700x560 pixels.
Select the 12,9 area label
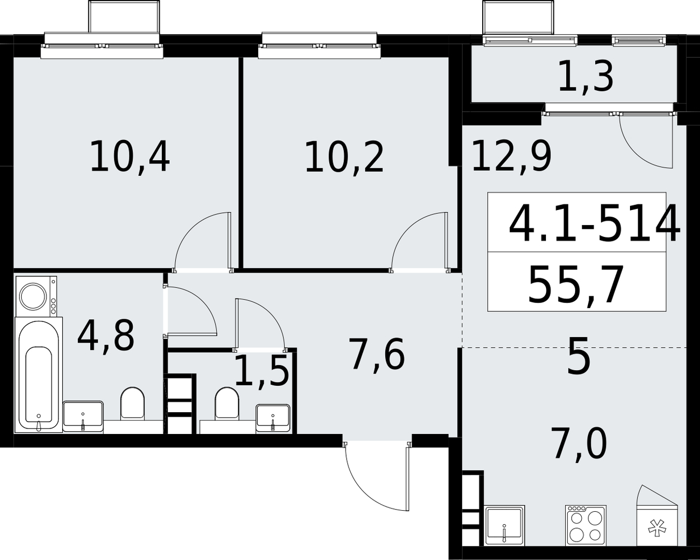coord(511,157)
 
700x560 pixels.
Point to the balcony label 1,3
coord(586,78)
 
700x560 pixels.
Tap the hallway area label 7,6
coord(377,354)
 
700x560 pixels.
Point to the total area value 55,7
coord(576,284)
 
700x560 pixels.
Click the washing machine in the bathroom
coord(36,296)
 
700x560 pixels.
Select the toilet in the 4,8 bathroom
coord(133,404)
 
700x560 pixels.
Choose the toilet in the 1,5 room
coord(226,404)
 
